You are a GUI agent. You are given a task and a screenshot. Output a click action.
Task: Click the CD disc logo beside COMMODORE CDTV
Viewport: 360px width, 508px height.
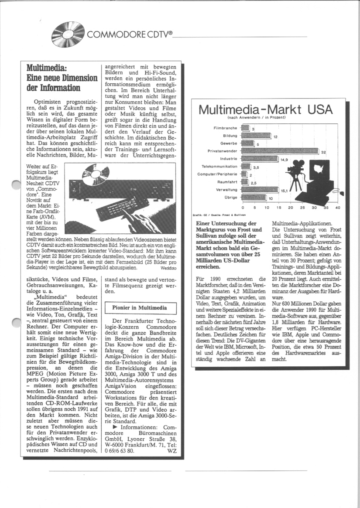pos(68,32)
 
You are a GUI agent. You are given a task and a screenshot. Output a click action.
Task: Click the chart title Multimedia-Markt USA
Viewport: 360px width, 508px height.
pos(265,109)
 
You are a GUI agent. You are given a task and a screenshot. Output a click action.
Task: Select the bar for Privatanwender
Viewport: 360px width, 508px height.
pos(280,151)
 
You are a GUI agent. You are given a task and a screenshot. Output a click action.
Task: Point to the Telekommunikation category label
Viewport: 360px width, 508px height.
pos(219,167)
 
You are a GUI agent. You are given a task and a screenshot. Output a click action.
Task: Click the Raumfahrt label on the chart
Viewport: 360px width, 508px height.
pos(227,182)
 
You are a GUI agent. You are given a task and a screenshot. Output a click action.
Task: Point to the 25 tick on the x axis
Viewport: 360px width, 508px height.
pos(302,208)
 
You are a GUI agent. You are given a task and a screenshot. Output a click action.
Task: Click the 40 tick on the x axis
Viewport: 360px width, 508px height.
pos(337,208)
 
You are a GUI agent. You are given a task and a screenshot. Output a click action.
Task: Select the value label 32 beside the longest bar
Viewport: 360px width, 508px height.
pos(323,152)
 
